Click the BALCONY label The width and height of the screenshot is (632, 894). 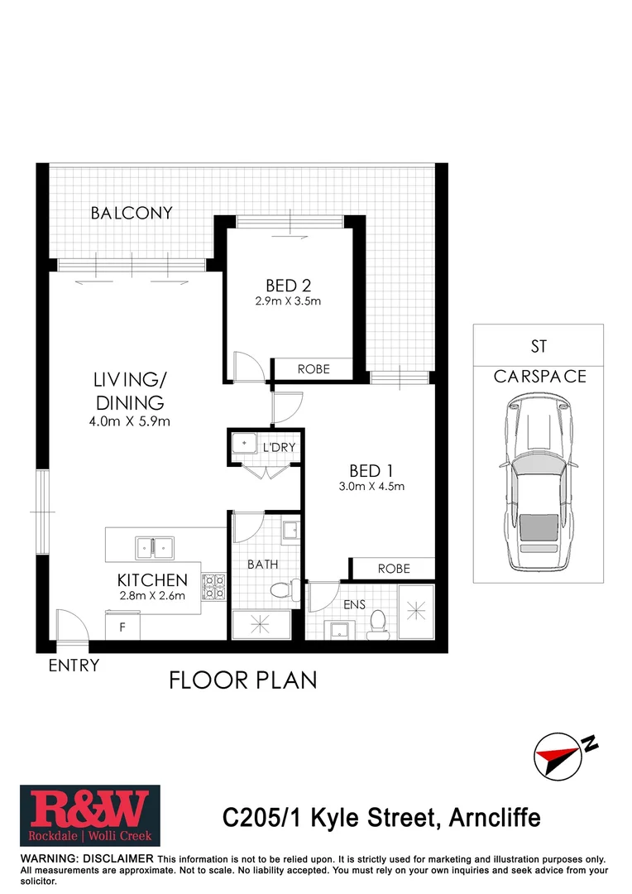tap(132, 213)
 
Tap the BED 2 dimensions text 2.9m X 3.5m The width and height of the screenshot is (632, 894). tap(288, 301)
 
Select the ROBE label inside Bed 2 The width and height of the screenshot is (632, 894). tap(314, 369)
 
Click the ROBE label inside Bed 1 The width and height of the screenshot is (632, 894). tap(393, 569)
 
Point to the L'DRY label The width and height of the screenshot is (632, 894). tap(279, 448)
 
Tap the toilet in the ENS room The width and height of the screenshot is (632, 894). tap(380, 620)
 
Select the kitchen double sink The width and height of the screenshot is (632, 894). tap(154, 547)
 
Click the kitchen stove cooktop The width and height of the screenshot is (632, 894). tap(214, 586)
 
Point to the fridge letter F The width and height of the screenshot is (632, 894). tap(122, 627)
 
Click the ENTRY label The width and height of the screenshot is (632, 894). tap(74, 666)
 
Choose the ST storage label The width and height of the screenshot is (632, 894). tap(539, 346)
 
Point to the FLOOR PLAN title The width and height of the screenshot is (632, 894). tap(243, 680)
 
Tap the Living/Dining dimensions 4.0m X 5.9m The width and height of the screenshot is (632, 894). tap(129, 422)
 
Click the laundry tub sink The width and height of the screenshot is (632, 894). tap(246, 445)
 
